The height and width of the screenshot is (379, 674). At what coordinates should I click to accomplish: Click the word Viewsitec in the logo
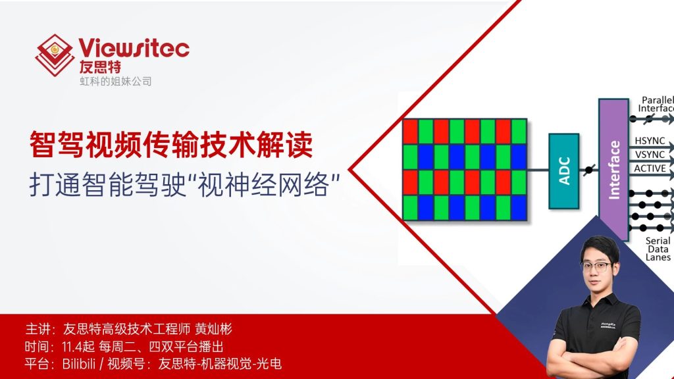[134, 47]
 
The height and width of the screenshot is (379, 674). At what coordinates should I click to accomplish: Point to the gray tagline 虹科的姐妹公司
[116, 82]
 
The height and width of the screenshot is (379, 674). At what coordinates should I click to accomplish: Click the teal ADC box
[563, 170]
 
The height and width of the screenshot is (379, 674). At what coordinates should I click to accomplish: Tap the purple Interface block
[613, 169]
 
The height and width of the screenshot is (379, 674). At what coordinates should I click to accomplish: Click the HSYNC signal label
[649, 141]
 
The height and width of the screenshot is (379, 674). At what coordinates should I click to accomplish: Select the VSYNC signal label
[649, 155]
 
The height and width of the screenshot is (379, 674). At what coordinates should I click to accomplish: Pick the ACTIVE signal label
[649, 168]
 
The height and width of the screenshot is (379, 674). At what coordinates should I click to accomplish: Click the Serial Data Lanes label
[658, 249]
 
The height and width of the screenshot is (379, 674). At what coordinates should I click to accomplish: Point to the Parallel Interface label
[657, 104]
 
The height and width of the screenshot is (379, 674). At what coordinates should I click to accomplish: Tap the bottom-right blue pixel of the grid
[519, 208]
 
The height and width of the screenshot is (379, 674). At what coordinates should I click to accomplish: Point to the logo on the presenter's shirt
[608, 325]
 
